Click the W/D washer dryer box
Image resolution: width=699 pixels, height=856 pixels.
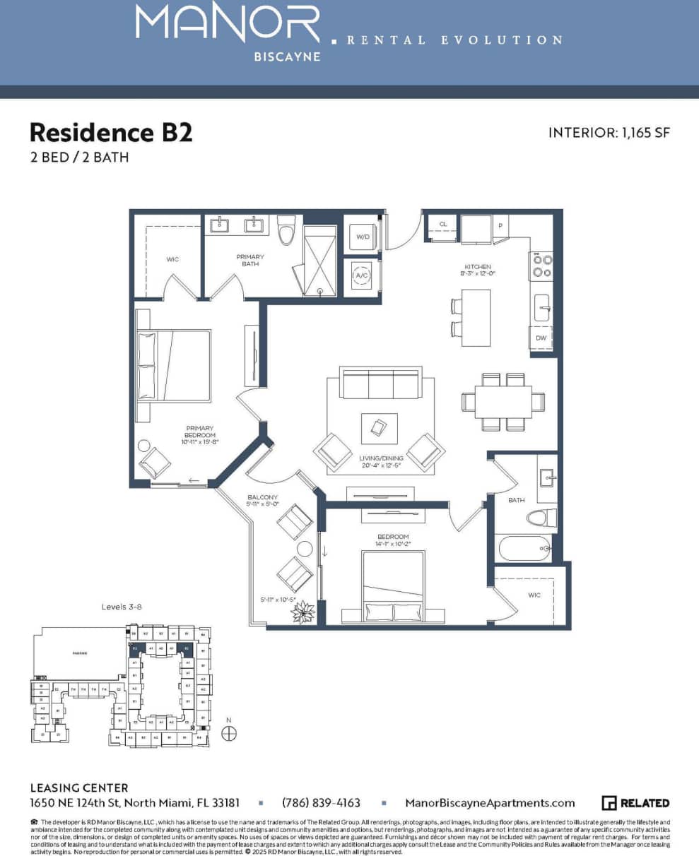point(364,237)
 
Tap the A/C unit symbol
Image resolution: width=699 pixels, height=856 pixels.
point(363,276)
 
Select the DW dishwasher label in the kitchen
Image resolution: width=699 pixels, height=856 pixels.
point(541,338)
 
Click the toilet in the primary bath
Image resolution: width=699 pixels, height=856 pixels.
point(286,230)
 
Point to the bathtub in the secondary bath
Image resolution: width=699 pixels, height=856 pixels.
point(524,547)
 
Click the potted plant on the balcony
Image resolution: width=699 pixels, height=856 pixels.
point(303,612)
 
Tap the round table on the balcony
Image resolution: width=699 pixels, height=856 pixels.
point(305,549)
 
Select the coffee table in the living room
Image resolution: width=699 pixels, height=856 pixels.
point(379,427)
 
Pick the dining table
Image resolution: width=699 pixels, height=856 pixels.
point(503,402)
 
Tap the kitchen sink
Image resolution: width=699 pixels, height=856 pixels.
point(542,308)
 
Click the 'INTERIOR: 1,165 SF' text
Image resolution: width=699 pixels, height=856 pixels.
point(609,133)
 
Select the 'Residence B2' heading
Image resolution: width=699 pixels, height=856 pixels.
point(111,132)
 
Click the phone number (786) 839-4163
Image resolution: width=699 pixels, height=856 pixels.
point(321,803)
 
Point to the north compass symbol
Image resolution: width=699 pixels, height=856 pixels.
point(228,734)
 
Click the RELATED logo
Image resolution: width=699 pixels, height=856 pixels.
point(635,803)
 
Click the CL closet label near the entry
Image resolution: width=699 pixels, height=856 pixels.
point(443,224)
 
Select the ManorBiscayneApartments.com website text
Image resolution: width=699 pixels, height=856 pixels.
point(490,803)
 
